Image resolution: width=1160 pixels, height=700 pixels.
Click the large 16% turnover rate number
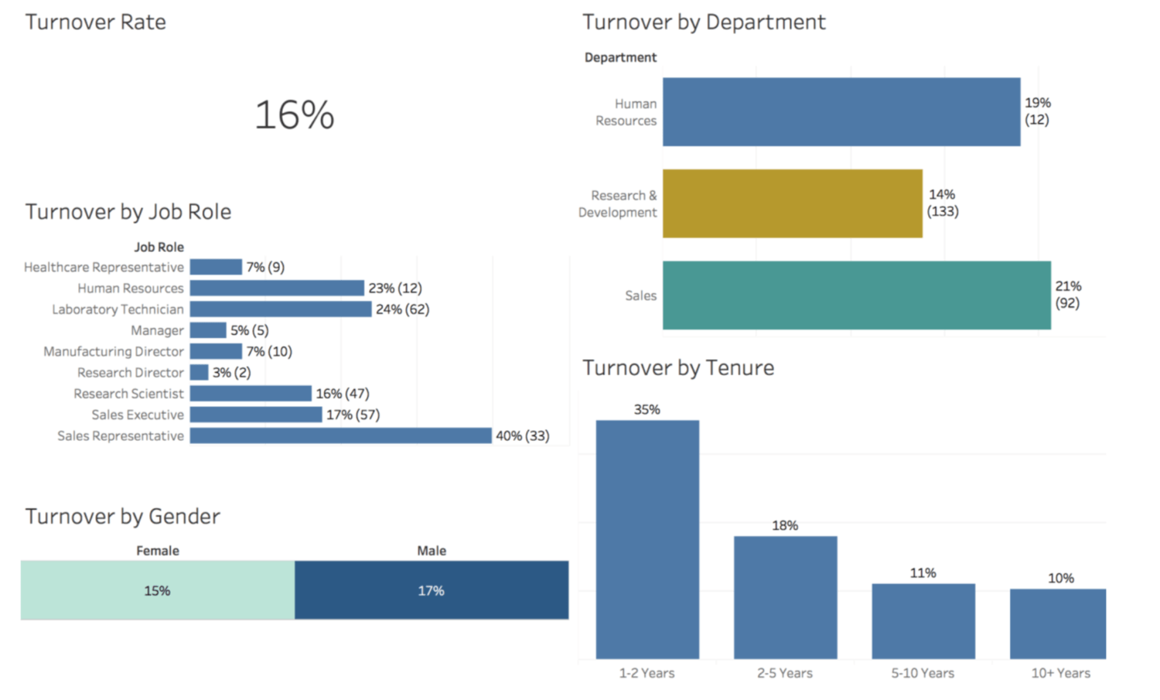294,115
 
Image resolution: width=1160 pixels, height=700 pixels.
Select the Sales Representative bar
340,435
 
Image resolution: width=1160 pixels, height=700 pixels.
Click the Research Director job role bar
199,372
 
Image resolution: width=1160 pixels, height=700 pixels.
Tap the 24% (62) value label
402,309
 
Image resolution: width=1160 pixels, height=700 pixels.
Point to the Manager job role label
157,330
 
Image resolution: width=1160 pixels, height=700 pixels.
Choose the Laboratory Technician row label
118,309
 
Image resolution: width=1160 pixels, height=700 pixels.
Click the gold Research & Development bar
792,203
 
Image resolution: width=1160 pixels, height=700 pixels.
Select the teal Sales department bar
856,295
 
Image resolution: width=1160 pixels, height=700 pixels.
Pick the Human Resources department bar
841,111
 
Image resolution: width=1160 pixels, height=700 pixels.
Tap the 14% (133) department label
942,203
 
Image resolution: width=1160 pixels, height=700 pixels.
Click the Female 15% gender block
157,590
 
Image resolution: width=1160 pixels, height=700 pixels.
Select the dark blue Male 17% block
431,590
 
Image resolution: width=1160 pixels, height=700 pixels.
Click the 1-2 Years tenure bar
647,539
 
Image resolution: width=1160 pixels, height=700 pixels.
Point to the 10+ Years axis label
1060,673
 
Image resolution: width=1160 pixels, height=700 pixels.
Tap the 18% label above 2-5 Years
784,525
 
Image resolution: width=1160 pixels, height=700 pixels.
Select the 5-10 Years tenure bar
923,621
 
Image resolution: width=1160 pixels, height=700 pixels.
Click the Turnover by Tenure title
677,367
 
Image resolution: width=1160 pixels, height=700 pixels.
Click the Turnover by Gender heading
122,516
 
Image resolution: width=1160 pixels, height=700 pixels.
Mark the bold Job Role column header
159,247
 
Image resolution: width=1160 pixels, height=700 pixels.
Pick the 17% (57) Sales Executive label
353,415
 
